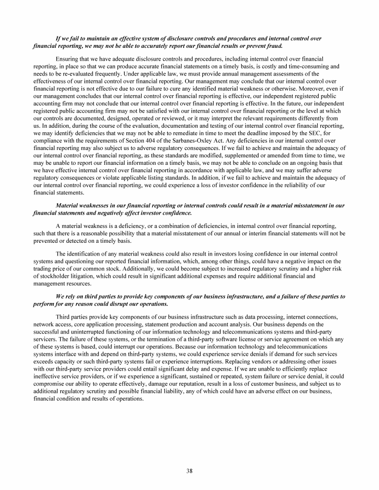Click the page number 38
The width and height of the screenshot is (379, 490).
click(x=189, y=470)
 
